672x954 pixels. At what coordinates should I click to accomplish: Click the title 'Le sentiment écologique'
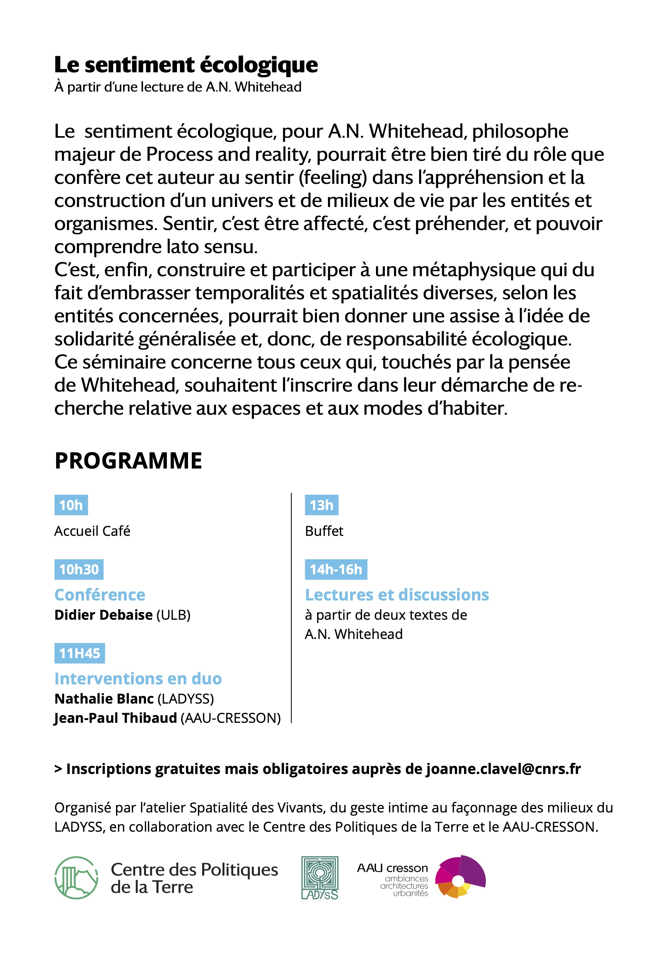tap(186, 65)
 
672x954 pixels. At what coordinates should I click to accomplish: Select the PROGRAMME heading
tap(128, 461)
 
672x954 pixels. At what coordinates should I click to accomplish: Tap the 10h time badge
tap(71, 505)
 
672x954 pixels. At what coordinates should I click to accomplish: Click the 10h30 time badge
tap(79, 569)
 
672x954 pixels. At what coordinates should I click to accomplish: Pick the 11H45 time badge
tap(80, 653)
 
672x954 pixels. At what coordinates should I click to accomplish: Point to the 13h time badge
tap(321, 505)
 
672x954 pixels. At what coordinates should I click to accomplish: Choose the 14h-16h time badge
tap(336, 569)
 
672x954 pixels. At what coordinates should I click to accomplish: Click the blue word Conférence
tap(100, 595)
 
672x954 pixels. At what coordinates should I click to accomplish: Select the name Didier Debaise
tap(103, 615)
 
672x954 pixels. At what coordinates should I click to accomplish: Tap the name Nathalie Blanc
tap(104, 699)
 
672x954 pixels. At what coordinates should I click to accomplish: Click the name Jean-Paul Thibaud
tap(115, 718)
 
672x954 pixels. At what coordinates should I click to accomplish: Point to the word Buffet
tap(324, 531)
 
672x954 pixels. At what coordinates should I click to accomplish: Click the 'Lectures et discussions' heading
tap(397, 595)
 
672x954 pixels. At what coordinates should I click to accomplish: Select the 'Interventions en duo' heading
tap(138, 679)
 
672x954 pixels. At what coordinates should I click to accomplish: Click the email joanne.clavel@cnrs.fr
tap(503, 769)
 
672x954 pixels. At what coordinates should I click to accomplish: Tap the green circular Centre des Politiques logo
tap(77, 877)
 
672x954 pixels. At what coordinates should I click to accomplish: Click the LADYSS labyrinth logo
tap(320, 877)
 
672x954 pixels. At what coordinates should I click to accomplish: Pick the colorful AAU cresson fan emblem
tap(460, 877)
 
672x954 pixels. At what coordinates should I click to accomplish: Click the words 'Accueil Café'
tap(92, 531)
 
